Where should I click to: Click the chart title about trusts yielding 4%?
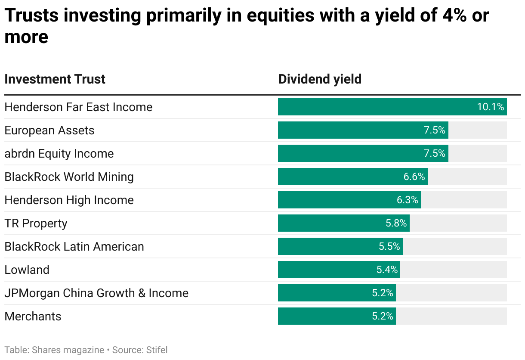(247, 26)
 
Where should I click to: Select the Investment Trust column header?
(55, 79)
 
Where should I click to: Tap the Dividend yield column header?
(320, 79)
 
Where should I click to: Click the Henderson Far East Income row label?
(78, 107)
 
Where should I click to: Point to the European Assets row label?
(49, 130)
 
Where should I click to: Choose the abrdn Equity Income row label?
(59, 153)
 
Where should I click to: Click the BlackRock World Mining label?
(69, 177)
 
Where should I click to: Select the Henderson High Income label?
(69, 200)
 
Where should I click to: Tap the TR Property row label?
(36, 223)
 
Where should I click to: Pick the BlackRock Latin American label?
(74, 246)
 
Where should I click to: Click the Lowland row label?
(27, 270)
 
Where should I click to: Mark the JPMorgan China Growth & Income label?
(96, 293)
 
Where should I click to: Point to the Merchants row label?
(33, 316)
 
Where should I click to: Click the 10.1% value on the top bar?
(490, 107)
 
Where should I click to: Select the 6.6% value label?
(414, 177)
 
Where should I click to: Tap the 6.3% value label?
(407, 200)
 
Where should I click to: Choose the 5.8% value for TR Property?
(396, 223)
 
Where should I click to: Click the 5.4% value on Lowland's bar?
(386, 270)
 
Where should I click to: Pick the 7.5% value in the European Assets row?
(435, 130)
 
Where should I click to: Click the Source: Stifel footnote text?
(140, 350)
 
